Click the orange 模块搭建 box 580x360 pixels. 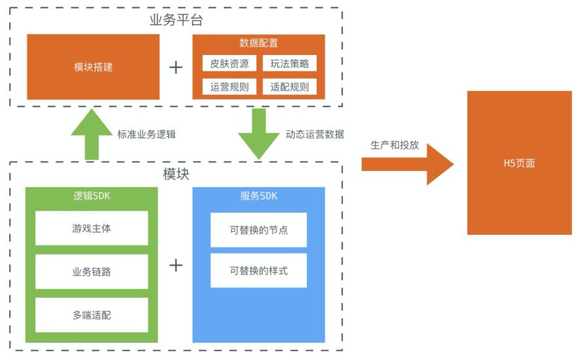tap(93, 67)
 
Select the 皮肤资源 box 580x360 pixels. tap(229, 64)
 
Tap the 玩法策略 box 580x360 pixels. tap(289, 64)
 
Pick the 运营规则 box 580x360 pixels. tap(229, 86)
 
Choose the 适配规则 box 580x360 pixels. tap(289, 86)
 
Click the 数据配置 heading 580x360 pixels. tap(259, 43)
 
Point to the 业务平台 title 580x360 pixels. tap(176, 20)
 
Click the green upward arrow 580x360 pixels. tap(92, 135)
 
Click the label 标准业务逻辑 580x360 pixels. tap(146, 134)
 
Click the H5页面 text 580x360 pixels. tap(519, 163)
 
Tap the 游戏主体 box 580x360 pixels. tap(92, 228)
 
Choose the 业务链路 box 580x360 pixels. tap(92, 272)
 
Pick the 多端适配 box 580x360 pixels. tap(92, 315)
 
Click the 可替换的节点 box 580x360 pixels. tap(259, 230)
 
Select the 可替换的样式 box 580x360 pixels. tap(259, 270)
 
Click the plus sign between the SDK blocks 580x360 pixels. tap(175, 265)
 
